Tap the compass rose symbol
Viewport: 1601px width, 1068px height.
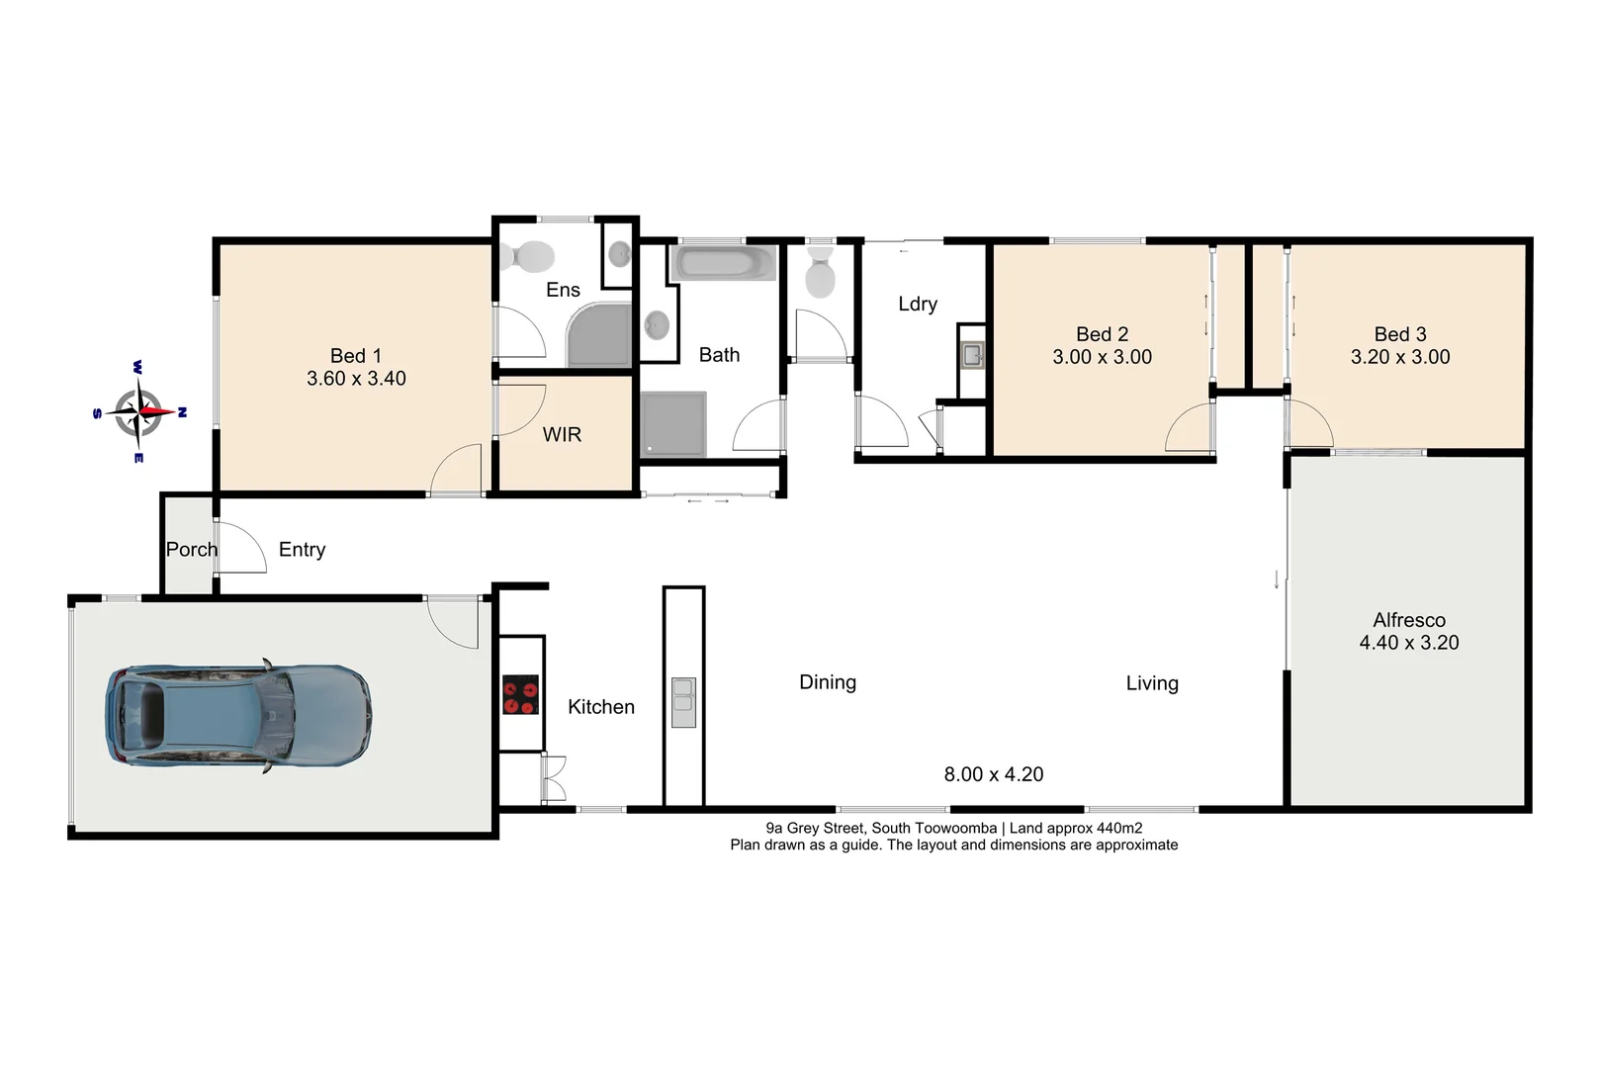pyautogui.click(x=138, y=412)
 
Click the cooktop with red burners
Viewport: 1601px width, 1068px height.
pyautogui.click(x=520, y=694)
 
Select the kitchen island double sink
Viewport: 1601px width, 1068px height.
pyautogui.click(x=683, y=703)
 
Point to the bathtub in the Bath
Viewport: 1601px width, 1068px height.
pyautogui.click(x=723, y=263)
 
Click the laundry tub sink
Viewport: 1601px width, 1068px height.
pyautogui.click(x=972, y=354)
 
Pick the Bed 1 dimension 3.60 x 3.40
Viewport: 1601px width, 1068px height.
pyautogui.click(x=356, y=378)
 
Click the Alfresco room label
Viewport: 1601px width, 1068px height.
pyautogui.click(x=1408, y=620)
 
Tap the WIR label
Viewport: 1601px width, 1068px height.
pyautogui.click(x=562, y=434)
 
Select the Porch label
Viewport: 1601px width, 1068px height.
pyautogui.click(x=191, y=549)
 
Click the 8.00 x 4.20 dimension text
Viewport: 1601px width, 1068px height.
pyautogui.click(x=993, y=774)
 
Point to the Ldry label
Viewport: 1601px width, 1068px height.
pyautogui.click(x=917, y=304)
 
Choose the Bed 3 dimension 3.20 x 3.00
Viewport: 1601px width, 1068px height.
pyautogui.click(x=1399, y=357)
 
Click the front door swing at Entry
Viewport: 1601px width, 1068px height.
pyautogui.click(x=241, y=548)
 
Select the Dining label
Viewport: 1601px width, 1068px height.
pyautogui.click(x=827, y=682)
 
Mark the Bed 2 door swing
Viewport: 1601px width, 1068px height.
pyautogui.click(x=1190, y=429)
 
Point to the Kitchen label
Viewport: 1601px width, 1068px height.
pyautogui.click(x=600, y=706)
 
